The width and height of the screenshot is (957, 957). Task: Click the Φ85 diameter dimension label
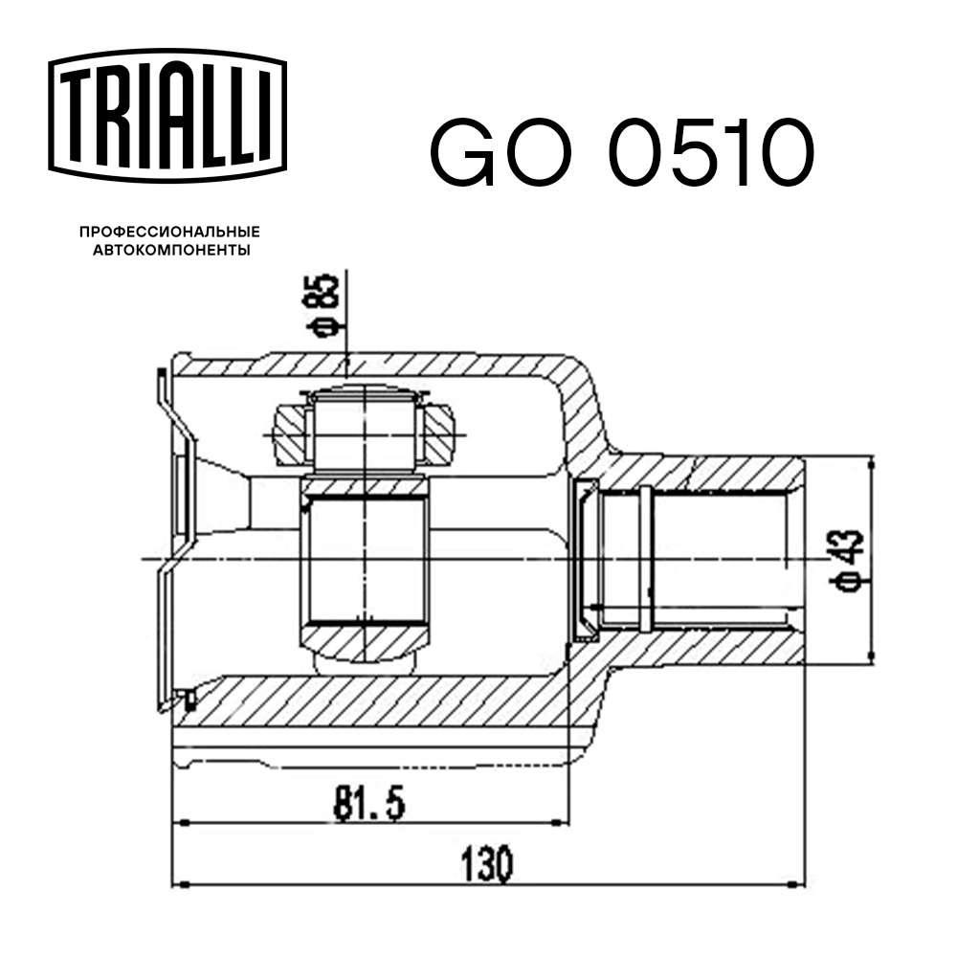point(326,305)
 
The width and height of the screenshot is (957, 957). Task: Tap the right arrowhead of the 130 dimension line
point(796,882)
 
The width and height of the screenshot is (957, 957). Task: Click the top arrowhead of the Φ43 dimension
point(870,463)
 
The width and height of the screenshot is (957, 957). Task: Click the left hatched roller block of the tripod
point(290,432)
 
